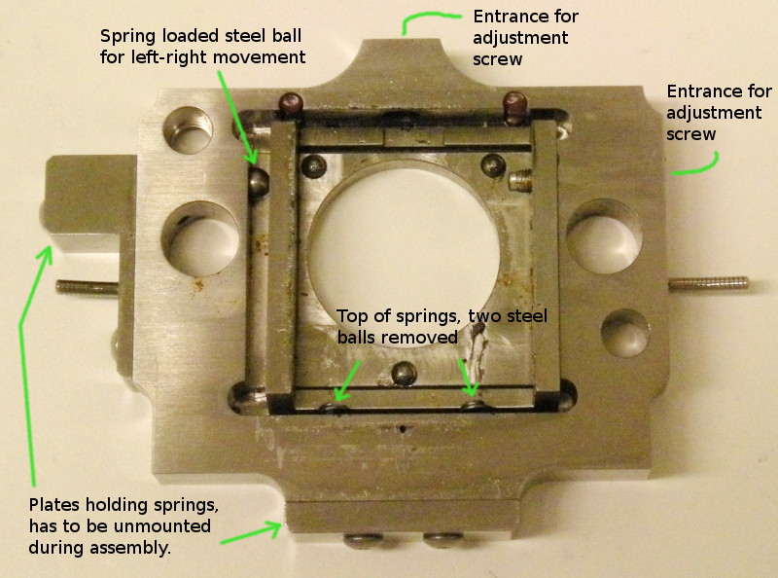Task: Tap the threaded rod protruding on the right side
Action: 708,284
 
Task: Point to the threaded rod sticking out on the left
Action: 88,287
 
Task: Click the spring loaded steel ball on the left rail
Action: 258,182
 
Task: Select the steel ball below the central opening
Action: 405,374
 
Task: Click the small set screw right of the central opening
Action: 520,180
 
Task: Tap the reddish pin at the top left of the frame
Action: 291,104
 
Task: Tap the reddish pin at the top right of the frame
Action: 514,107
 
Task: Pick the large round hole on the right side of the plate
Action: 604,235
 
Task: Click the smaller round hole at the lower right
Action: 625,333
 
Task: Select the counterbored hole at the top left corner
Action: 188,130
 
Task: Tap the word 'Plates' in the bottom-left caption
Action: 54,504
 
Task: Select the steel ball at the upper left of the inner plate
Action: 314,165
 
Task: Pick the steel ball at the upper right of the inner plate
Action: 493,165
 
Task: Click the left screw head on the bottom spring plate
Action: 364,540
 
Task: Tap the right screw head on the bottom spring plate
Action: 444,540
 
